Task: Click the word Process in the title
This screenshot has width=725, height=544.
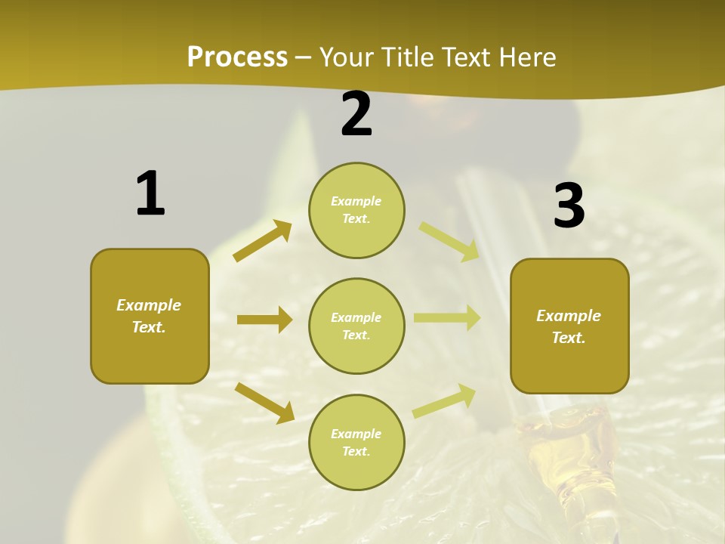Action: click(x=237, y=57)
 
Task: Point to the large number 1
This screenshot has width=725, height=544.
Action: click(x=150, y=194)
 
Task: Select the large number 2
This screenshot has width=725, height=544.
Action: click(x=356, y=114)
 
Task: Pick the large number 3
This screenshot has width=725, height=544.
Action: click(x=569, y=206)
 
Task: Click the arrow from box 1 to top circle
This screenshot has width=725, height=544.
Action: click(x=262, y=241)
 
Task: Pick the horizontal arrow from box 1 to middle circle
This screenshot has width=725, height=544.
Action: click(x=264, y=320)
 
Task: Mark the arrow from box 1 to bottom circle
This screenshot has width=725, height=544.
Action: click(x=264, y=403)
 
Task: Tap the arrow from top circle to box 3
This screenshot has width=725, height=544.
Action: click(x=449, y=241)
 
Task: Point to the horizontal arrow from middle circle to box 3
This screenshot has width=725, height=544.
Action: click(x=447, y=317)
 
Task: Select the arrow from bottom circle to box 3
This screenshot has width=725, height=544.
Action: click(x=444, y=401)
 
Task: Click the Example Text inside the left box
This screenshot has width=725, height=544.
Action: click(x=149, y=316)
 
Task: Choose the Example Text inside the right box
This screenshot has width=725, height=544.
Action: click(x=569, y=326)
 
